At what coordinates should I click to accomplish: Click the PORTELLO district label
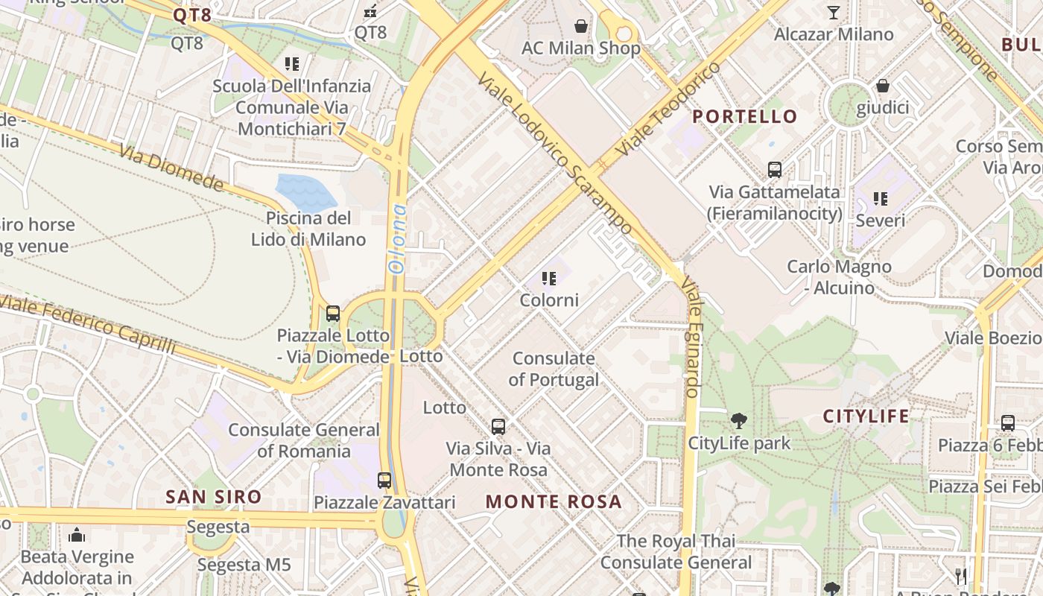745,116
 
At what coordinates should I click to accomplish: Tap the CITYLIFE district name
866,416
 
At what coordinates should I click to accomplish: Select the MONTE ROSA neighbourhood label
554,501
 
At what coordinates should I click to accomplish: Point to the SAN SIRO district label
214,497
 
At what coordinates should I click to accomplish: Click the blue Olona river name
399,238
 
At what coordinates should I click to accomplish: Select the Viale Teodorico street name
668,109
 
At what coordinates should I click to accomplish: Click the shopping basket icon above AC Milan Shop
580,27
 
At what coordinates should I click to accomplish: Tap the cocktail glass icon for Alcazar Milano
833,13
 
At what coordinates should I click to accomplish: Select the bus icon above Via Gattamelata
775,169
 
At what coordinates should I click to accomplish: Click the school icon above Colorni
549,279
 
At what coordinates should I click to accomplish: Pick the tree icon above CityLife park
738,421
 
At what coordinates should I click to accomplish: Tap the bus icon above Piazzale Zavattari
384,481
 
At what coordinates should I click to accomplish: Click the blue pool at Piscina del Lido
305,191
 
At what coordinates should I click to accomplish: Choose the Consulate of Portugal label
554,369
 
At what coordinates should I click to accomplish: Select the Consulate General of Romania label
304,440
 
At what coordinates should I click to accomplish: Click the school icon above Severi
881,199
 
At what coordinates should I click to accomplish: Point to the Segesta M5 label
244,565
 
